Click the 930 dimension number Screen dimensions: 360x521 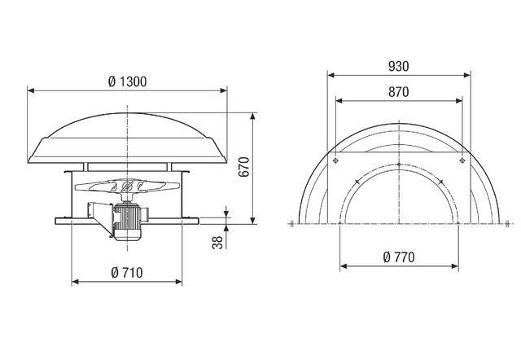click(x=398, y=64)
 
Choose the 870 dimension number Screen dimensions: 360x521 click(x=398, y=93)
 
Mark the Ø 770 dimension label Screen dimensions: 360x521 click(x=398, y=258)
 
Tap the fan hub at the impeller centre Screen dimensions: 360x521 click(x=127, y=188)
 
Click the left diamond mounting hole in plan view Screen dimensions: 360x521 click(x=334, y=161)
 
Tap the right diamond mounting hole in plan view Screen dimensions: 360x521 click(x=462, y=161)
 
